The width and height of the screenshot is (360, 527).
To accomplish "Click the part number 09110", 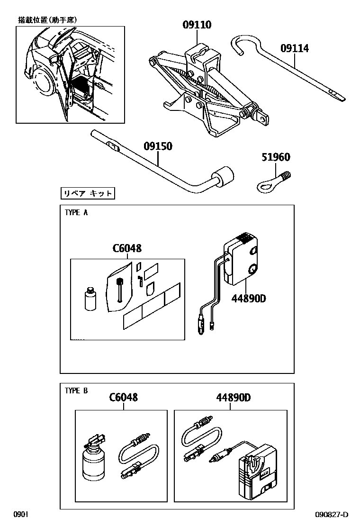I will tap(197, 25).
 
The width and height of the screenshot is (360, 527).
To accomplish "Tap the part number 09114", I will tap(294, 48).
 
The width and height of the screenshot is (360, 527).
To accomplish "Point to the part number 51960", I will tap(276, 157).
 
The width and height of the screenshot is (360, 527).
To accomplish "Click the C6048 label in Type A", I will tap(127, 248).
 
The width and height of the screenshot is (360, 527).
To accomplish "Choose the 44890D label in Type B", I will tap(234, 397).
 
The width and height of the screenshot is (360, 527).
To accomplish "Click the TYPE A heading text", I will tap(76, 213).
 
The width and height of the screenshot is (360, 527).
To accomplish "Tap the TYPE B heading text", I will tap(76, 391).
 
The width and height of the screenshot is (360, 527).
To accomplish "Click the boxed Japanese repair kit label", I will tap(88, 193).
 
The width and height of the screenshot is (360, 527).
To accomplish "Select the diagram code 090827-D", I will tap(332, 515).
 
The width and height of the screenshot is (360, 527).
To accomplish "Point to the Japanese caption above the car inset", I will tap(47, 20).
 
